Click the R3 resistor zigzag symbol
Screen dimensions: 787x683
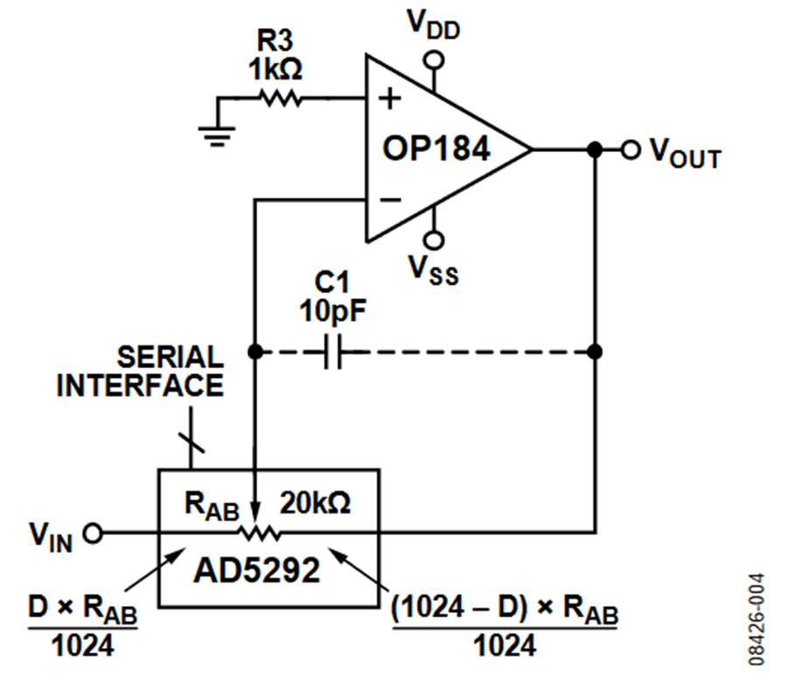click(280, 98)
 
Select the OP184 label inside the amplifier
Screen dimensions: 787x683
click(435, 149)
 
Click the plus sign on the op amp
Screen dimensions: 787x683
click(390, 98)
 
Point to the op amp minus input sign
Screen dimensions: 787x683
click(391, 200)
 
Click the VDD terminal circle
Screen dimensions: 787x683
click(434, 60)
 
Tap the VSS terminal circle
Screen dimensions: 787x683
click(434, 240)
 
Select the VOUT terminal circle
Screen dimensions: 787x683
click(630, 150)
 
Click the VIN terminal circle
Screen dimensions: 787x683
click(93, 533)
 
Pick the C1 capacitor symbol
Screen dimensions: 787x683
click(333, 352)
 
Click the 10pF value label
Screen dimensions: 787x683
click(333, 310)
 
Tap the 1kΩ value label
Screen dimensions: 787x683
click(275, 69)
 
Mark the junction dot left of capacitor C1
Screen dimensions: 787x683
click(255, 352)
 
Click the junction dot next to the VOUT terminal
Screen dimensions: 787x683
click(595, 150)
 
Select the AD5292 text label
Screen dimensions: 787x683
click(256, 570)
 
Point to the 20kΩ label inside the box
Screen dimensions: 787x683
click(315, 502)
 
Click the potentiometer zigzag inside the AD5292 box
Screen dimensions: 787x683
click(260, 533)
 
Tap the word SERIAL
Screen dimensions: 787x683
click(171, 358)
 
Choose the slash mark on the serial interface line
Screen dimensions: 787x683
click(192, 442)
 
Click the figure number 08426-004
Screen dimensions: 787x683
click(756, 620)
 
